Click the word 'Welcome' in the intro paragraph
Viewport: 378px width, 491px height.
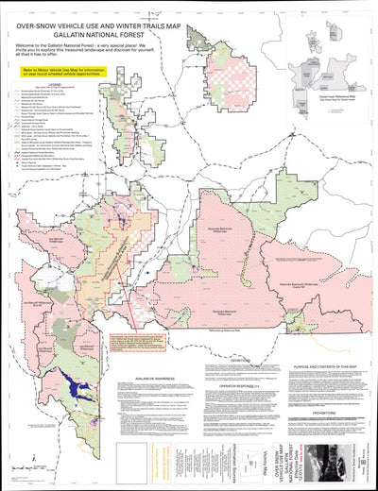29,44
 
